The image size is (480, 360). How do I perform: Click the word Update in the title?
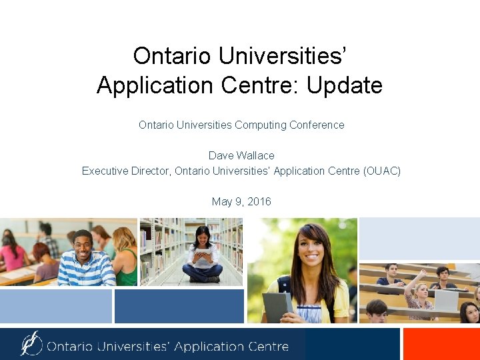point(345,85)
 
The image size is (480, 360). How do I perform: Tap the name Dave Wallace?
point(241,155)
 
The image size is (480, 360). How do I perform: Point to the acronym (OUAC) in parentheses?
point(382,171)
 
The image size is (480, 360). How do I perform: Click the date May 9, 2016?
point(241,201)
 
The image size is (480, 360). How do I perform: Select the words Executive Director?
point(126,171)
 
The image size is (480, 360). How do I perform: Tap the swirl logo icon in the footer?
point(31,343)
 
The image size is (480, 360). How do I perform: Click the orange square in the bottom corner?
point(441,343)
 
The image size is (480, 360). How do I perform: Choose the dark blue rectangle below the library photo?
point(179,306)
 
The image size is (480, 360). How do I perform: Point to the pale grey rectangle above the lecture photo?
point(419,239)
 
